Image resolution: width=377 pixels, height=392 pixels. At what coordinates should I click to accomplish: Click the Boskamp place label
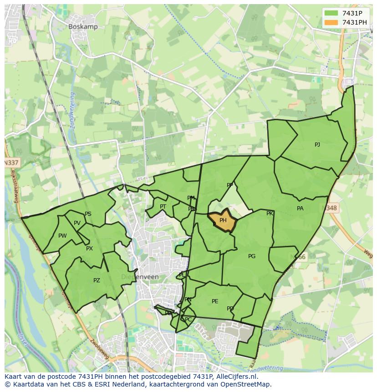pos(83,27)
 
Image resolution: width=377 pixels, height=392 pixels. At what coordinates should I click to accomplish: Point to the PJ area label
pos(317,145)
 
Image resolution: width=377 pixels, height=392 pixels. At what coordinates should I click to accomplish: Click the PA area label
pos(300,209)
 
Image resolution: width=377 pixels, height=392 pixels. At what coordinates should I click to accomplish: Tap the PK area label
pos(270,214)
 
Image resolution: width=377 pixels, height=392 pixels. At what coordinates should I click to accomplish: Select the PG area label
pos(252,256)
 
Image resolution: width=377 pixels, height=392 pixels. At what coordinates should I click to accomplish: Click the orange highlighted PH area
pos(223,221)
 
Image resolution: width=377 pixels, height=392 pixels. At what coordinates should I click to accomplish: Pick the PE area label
pos(215,301)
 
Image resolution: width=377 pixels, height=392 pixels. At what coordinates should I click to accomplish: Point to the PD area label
pos(230,309)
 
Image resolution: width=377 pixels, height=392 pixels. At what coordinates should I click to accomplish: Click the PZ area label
pos(97,280)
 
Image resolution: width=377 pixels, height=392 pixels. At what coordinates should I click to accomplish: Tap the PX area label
pos(89,249)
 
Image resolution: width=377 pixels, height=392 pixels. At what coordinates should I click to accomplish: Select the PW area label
pos(62,236)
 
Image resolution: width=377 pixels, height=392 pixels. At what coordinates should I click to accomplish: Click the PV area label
pos(77,223)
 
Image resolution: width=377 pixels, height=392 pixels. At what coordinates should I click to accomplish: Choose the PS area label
pos(88,214)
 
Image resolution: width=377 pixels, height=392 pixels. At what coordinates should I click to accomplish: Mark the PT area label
pos(163,207)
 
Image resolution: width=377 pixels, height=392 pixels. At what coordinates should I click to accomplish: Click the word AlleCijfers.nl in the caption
pos(236,377)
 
